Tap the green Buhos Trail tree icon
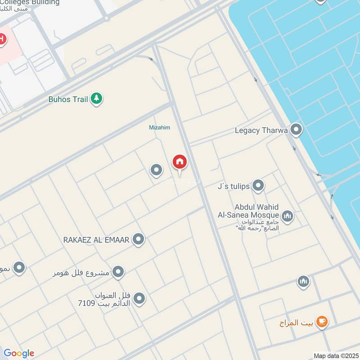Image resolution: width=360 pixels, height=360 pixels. pyautogui.click(x=96, y=99)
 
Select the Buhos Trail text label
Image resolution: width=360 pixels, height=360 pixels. pyautogui.click(x=68, y=99)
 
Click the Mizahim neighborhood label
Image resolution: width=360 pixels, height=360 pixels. pyautogui.click(x=159, y=127)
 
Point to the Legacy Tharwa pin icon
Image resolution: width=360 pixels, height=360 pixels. pyautogui.click(x=296, y=130)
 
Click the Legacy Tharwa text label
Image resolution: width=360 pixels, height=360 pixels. pyautogui.click(x=261, y=130)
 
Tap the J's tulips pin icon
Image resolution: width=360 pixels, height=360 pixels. pyautogui.click(x=258, y=185)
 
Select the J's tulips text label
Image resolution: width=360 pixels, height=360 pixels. pyautogui.click(x=234, y=186)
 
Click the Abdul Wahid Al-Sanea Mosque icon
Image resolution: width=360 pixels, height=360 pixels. pyautogui.click(x=287, y=217)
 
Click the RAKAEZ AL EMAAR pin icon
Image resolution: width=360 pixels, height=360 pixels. pyautogui.click(x=139, y=239)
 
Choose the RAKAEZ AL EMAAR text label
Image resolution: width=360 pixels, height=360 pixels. pyautogui.click(x=96, y=239)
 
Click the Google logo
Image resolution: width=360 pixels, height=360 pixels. pyautogui.click(x=19, y=353)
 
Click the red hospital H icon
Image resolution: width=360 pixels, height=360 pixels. pyautogui.click(x=2, y=40)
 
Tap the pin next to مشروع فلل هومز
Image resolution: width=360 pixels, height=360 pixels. pyautogui.click(x=118, y=272)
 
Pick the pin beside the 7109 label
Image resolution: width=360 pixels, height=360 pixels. pyautogui.click(x=139, y=298)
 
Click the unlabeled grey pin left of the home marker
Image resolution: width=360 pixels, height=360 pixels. pyautogui.click(x=156, y=170)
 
